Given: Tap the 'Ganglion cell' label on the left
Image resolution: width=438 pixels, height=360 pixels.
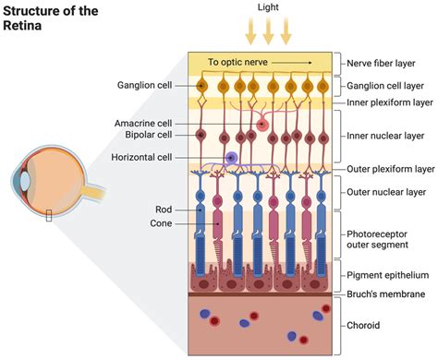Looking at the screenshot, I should [143, 86].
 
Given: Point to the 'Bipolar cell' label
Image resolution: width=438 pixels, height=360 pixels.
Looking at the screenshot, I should [146, 136].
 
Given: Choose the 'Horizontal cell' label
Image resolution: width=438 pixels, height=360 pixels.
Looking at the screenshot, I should [141, 158].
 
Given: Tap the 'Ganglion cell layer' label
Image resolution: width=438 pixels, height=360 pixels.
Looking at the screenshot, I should [390, 86].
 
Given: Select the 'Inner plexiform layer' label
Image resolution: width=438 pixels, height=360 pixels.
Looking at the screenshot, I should [391, 102].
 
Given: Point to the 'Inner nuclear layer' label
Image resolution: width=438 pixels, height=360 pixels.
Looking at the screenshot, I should [387, 137].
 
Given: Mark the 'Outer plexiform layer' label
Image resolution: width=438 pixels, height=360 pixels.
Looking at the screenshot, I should [391, 170].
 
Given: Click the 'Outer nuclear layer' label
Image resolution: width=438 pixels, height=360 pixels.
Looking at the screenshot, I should [386, 192].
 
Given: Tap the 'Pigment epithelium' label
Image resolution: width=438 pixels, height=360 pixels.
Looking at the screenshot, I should [387, 275].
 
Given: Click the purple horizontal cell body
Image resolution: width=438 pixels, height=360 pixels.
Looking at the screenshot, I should [231, 159].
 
